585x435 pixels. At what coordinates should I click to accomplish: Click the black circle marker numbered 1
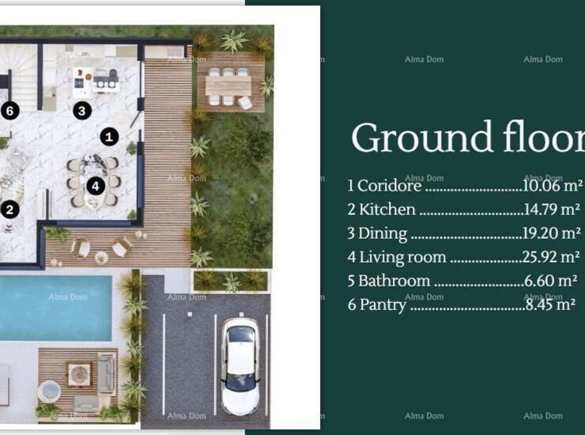109,137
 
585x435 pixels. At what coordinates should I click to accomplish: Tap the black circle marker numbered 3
82,111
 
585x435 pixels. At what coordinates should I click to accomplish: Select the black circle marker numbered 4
96,186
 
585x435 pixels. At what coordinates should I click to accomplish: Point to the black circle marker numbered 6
9,111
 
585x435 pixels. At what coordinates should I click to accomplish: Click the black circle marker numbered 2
9,210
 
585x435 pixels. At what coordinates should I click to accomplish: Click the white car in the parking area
240,366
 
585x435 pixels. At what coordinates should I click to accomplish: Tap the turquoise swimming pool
55,308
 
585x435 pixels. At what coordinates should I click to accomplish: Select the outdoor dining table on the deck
228,86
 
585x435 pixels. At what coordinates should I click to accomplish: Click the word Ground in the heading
421,138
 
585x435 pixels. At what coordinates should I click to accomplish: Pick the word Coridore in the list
389,186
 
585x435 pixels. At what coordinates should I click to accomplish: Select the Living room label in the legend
402,257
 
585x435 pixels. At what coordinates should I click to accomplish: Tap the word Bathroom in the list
394,281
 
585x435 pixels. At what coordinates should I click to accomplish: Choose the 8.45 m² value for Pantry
550,304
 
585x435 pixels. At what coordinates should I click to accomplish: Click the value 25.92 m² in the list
551,257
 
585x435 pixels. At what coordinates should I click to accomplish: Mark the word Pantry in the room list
383,305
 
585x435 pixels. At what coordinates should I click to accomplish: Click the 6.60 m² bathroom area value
551,281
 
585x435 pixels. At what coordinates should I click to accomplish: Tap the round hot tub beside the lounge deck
49,391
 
